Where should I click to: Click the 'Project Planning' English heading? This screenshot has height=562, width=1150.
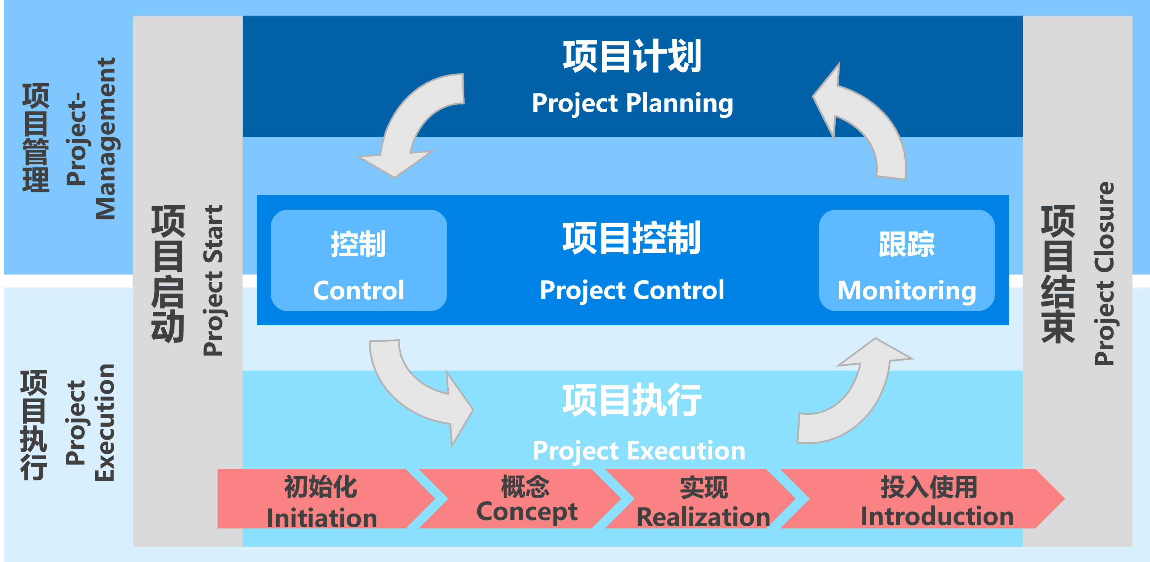point(632,103)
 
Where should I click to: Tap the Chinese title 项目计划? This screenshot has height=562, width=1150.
point(632,57)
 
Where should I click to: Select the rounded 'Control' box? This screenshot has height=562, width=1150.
point(358,260)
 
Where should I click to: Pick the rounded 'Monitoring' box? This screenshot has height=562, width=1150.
point(907,260)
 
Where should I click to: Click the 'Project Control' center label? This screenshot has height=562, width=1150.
point(632,291)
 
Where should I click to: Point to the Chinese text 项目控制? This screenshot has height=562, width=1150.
point(632,238)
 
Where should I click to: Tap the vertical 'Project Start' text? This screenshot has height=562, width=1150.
point(213,280)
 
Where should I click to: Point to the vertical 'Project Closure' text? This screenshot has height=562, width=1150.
point(1104,273)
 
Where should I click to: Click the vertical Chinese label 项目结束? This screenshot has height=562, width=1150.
point(1058,273)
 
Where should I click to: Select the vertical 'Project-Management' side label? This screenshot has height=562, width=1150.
point(91,138)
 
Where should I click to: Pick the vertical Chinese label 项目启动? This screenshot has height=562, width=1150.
point(168,273)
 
